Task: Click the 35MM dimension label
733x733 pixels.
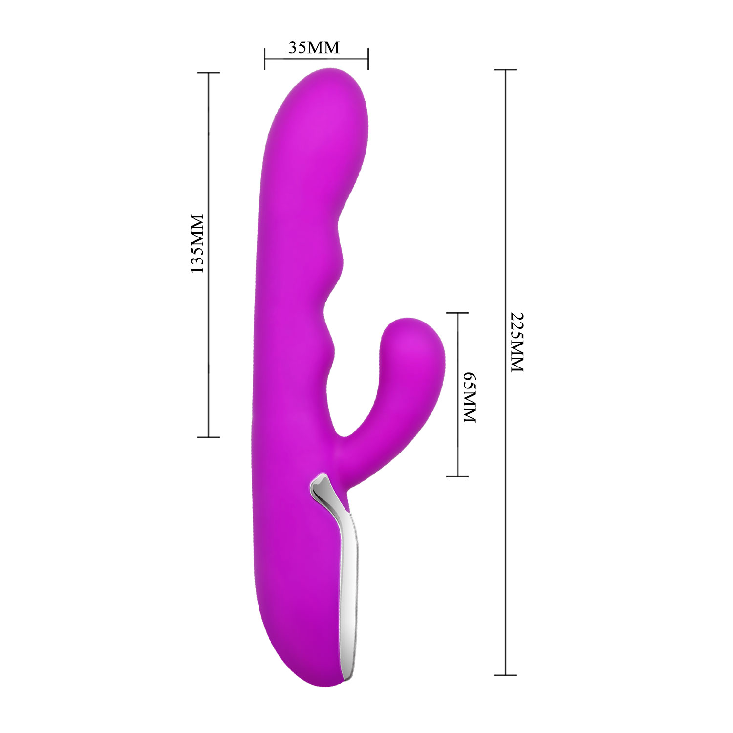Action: tap(314, 47)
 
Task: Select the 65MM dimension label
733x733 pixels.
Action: tap(469, 397)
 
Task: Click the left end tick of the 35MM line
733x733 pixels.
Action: tap(264, 59)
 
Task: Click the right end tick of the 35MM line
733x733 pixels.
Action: tap(368, 59)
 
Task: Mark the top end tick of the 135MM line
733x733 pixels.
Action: tap(209, 73)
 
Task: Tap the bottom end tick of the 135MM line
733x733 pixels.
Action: tap(209, 437)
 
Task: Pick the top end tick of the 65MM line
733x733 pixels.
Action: tap(457, 313)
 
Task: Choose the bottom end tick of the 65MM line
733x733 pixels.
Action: tap(457, 476)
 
